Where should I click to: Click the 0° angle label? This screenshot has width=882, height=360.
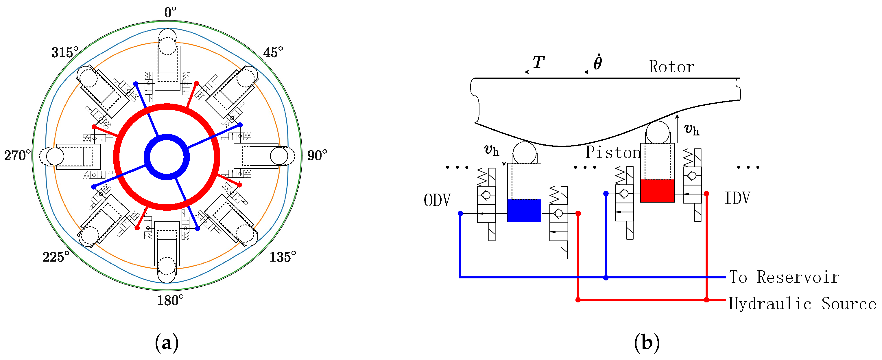tap(170, 13)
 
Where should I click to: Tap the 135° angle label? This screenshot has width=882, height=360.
tap(283, 257)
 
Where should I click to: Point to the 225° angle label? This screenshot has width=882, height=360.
tap(56, 257)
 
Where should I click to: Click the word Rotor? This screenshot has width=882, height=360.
tap(671, 67)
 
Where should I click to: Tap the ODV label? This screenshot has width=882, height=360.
tap(437, 200)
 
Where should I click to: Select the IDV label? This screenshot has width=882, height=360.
tap(737, 198)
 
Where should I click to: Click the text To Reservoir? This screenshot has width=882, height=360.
tap(784, 277)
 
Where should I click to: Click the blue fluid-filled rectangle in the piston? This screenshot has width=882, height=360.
tap(524, 210)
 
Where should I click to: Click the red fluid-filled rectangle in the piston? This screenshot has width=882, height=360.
tap(657, 191)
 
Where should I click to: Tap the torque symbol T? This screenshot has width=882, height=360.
tap(538, 62)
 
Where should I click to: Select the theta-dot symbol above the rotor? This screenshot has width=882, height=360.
tap(597, 62)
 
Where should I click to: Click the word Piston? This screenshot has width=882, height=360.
tap(613, 153)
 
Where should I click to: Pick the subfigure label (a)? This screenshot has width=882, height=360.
tap(167, 343)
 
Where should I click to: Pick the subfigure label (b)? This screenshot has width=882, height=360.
tap(646, 343)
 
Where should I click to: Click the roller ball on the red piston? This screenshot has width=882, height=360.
tap(657, 132)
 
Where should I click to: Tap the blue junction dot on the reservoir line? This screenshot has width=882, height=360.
tap(606, 278)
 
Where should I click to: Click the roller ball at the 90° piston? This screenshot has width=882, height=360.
tap(279, 156)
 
